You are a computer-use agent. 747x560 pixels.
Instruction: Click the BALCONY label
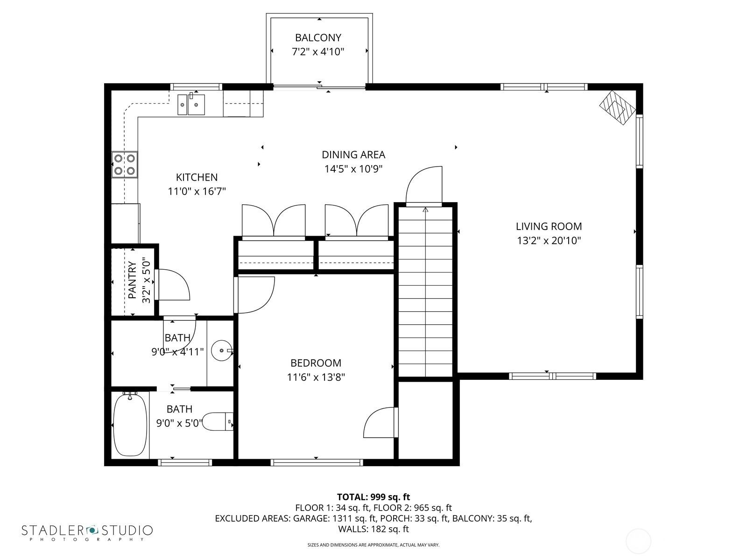pyautogui.click(x=318, y=37)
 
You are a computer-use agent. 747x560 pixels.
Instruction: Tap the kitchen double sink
pyautogui.click(x=191, y=104)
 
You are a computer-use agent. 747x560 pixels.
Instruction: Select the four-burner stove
pyautogui.click(x=125, y=165)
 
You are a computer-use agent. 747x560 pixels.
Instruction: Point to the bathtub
pyautogui.click(x=130, y=425)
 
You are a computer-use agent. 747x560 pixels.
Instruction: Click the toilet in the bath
pyautogui.click(x=218, y=422)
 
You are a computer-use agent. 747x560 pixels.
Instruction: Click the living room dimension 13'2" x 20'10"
pyautogui.click(x=549, y=241)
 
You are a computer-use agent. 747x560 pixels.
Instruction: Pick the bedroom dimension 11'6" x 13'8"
pyautogui.click(x=316, y=377)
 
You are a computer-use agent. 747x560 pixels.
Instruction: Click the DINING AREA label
pyautogui.click(x=353, y=154)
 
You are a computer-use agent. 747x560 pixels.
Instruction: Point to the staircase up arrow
pyautogui.click(x=425, y=210)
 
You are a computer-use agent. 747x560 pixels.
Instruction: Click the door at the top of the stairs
pyautogui.click(x=424, y=186)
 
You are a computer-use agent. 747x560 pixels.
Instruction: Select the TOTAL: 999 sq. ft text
pyautogui.click(x=373, y=497)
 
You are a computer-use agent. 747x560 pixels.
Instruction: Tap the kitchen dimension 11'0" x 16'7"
pyautogui.click(x=197, y=191)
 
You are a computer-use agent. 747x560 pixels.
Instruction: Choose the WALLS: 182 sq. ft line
pyautogui.click(x=373, y=529)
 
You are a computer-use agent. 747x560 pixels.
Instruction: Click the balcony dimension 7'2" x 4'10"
pyautogui.click(x=318, y=52)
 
